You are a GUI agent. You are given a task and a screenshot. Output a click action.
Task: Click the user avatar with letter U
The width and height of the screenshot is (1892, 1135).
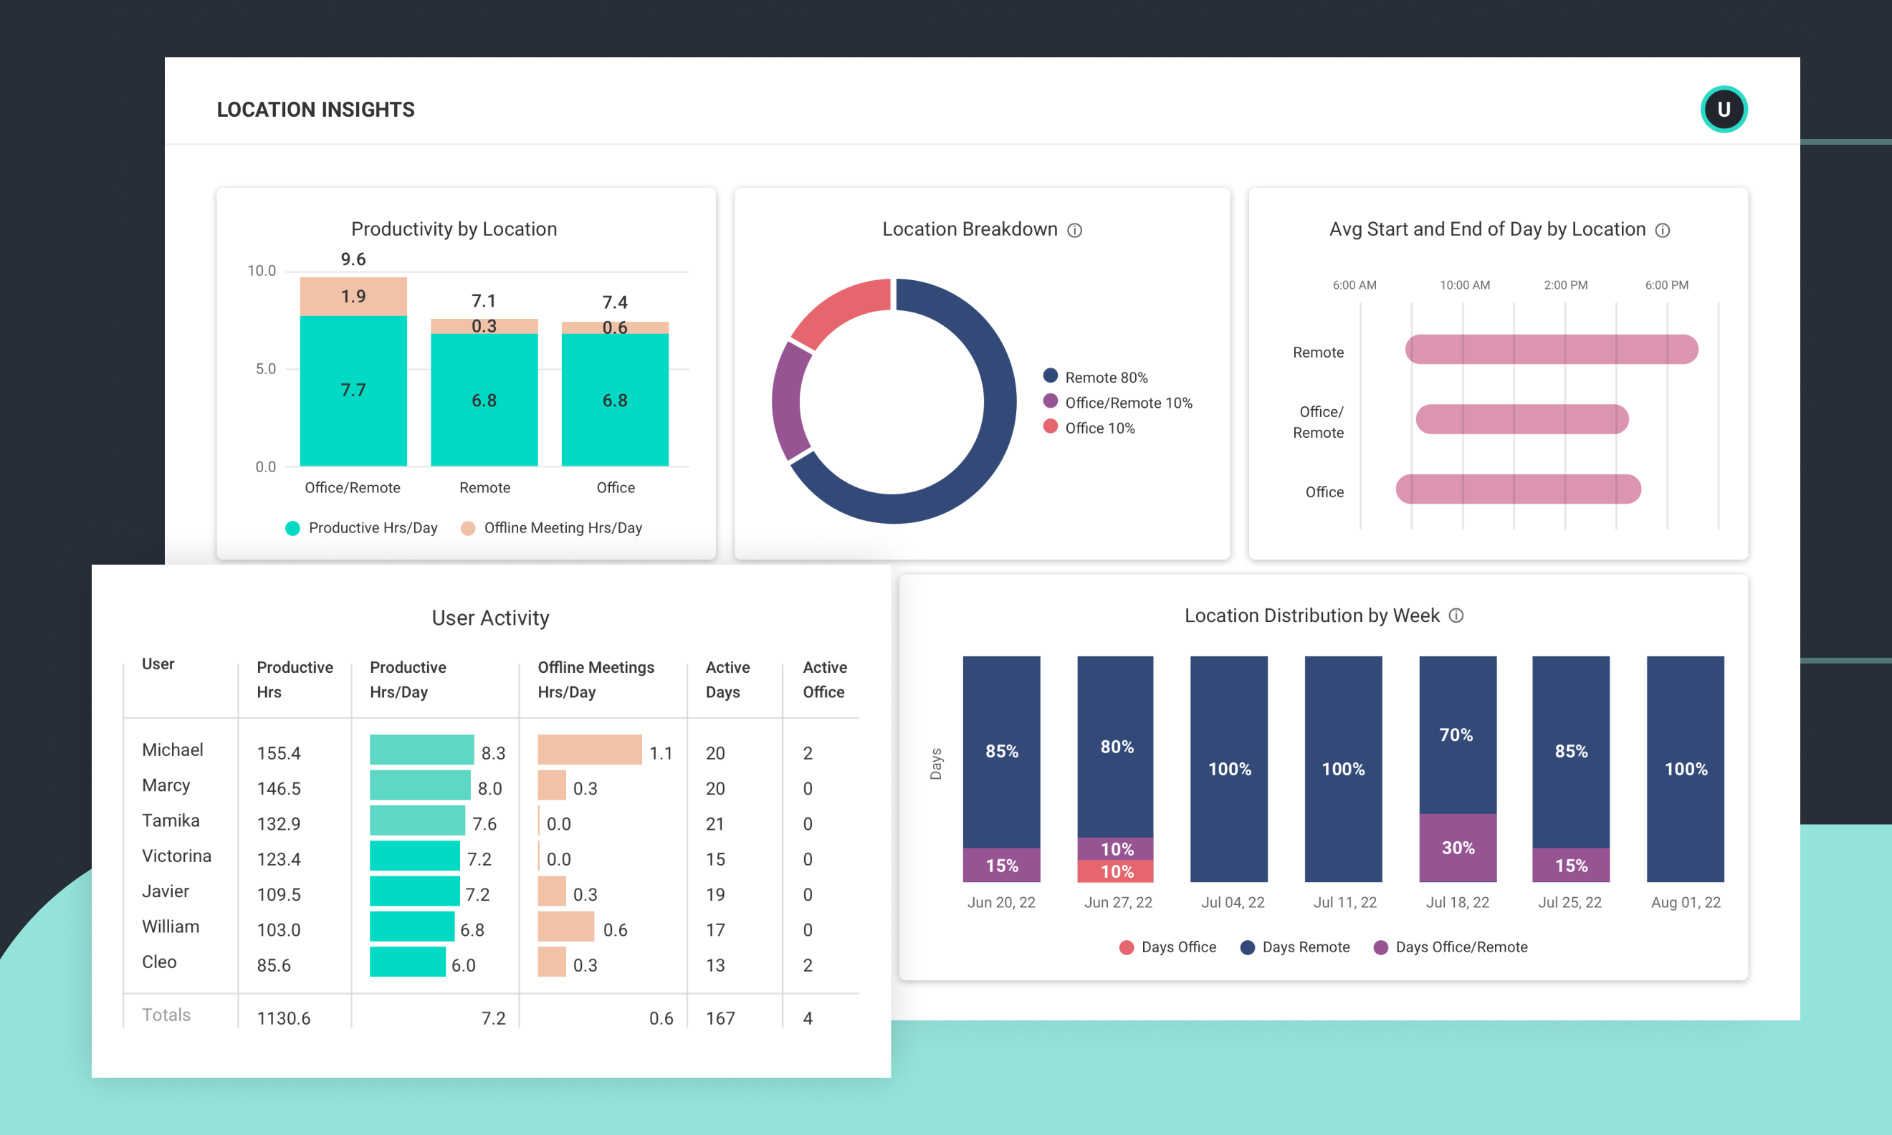tap(1723, 110)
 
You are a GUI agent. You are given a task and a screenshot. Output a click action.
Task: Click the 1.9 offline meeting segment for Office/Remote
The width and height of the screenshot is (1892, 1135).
tap(353, 297)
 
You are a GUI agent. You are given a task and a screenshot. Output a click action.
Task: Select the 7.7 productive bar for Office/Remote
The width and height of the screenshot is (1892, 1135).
tap(353, 391)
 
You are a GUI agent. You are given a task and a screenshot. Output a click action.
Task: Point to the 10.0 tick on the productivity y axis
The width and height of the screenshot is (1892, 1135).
tap(262, 271)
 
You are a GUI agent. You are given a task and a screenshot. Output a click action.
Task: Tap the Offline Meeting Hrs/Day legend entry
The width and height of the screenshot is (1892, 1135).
tap(552, 527)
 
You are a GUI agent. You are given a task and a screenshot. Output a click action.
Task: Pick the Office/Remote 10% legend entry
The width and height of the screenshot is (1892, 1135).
tap(1119, 402)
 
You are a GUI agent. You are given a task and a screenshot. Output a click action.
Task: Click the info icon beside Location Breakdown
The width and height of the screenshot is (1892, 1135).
tap(1074, 230)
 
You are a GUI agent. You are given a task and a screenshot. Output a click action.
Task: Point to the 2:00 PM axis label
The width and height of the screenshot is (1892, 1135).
tap(1564, 285)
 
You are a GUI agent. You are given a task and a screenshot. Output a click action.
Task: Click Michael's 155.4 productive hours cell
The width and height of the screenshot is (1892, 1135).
tap(278, 753)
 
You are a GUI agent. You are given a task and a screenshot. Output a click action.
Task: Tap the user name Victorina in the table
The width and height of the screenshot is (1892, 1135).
tap(176, 856)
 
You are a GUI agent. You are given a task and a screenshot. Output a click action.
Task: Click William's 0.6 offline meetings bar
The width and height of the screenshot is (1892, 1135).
tap(565, 927)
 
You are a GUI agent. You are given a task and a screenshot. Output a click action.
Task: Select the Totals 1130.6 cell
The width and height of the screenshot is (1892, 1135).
tap(283, 1018)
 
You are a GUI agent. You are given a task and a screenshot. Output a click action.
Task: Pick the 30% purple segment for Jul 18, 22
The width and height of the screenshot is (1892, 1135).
tap(1457, 848)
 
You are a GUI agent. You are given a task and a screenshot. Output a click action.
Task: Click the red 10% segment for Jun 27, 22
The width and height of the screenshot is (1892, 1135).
tap(1115, 871)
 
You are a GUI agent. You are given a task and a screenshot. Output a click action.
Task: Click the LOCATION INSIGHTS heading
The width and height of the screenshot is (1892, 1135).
tap(315, 110)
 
